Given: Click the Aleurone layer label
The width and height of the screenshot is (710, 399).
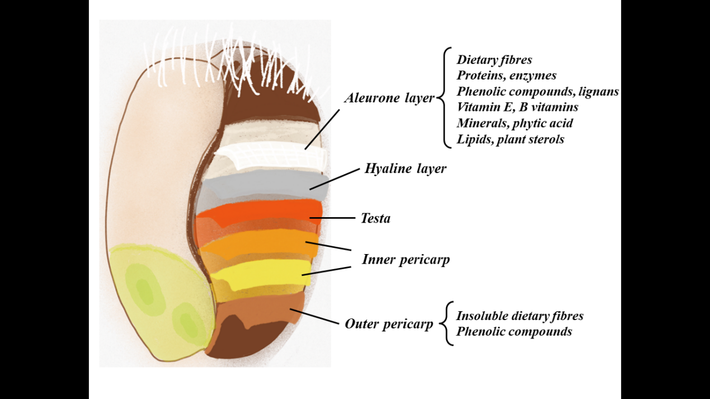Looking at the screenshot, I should (389, 98).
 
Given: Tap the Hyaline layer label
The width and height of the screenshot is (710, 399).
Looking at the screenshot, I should (405, 168).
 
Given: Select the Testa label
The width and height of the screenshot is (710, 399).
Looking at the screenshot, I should (375, 218).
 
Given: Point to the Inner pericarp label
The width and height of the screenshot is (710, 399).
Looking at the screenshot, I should (406, 259).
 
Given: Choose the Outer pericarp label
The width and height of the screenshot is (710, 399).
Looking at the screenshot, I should (389, 324).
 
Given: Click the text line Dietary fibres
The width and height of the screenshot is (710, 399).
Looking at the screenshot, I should (494, 59).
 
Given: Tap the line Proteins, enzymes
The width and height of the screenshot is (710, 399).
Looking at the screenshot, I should (506, 75).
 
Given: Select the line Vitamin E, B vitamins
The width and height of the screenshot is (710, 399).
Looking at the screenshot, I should (517, 107).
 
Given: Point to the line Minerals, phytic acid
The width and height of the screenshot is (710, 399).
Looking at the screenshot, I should (514, 123).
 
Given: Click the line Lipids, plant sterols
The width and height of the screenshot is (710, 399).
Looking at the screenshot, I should (510, 139).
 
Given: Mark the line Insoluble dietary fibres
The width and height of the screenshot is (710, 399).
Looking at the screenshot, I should (520, 316).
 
